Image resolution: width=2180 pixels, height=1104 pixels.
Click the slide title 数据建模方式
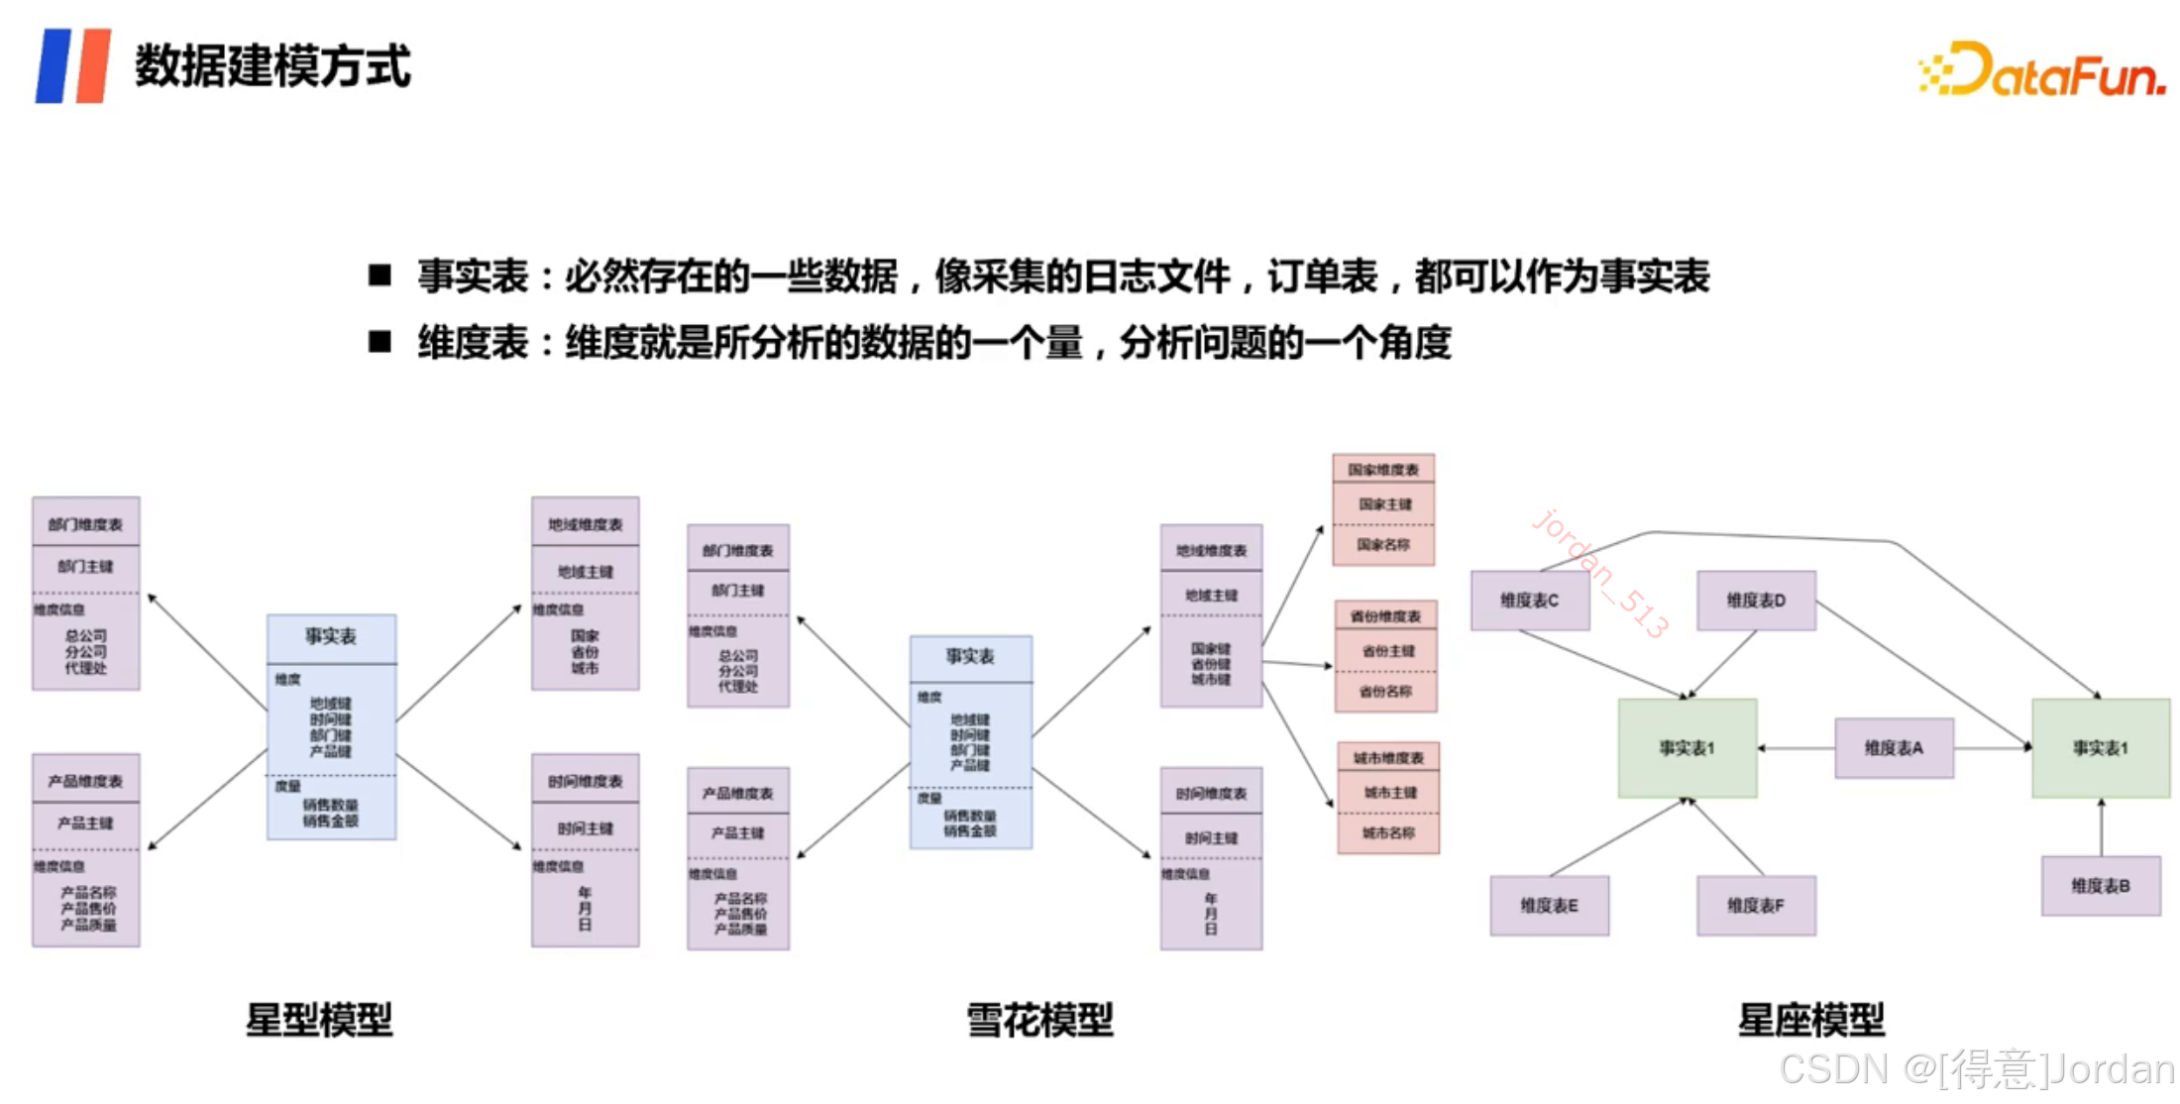pyautogui.click(x=272, y=66)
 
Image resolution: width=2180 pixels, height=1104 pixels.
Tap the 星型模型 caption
pyautogui.click(x=319, y=1020)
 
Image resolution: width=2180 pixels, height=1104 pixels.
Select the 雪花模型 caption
pyautogui.click(x=1039, y=1020)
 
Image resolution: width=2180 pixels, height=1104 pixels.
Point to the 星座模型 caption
pyautogui.click(x=1811, y=1020)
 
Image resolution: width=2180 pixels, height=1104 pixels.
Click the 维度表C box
pyautogui.click(x=1530, y=601)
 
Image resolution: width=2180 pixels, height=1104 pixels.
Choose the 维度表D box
pyautogui.click(x=1756, y=601)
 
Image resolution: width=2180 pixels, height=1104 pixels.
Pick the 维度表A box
pyautogui.click(x=1894, y=748)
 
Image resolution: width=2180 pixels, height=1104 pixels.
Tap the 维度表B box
pyautogui.click(x=2101, y=886)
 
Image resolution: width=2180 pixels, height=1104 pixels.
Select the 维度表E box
pyautogui.click(x=1550, y=906)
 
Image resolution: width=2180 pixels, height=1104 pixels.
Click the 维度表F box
pyautogui.click(x=1756, y=906)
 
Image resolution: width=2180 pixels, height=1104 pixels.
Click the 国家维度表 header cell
pyautogui.click(x=1383, y=470)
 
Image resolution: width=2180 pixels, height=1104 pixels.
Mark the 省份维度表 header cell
pyautogui.click(x=1385, y=616)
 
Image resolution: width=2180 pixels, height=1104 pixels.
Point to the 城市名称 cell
pyautogui.click(x=1388, y=833)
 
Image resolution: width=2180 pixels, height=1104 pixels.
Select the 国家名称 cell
pyautogui.click(x=1383, y=545)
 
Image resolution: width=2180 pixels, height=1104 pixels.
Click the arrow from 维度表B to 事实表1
pyautogui.click(x=2101, y=828)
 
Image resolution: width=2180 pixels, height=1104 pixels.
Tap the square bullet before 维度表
pyautogui.click(x=380, y=343)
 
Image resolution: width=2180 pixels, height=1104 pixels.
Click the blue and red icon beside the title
pyautogui.click(x=72, y=66)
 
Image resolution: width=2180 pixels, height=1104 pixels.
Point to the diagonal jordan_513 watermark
pyautogui.click(x=1599, y=573)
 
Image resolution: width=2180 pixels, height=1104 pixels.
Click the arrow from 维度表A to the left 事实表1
pyautogui.click(x=1796, y=748)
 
